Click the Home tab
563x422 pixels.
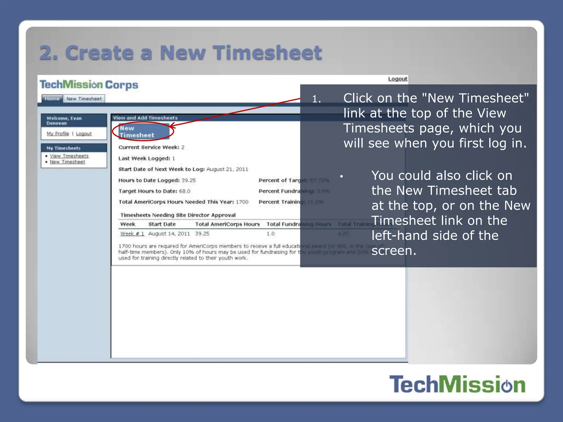coord(52,99)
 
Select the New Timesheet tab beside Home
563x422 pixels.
coord(84,99)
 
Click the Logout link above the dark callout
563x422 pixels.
coord(398,79)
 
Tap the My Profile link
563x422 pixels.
coord(58,134)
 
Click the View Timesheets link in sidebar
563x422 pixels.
coord(69,156)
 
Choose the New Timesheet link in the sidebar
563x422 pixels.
coord(67,162)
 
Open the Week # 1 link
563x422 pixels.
coord(132,234)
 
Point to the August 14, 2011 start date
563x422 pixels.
coord(169,234)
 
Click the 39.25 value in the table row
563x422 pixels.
coord(202,234)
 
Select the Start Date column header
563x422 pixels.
coord(162,224)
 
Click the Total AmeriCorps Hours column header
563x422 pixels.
coord(227,224)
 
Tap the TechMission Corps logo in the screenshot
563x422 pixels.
coord(89,85)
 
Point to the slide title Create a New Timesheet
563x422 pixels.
coord(181,52)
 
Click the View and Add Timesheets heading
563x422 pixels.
coord(145,118)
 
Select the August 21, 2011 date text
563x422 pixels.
coord(227,169)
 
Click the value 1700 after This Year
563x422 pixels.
coord(242,202)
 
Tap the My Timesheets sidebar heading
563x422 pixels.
coord(63,148)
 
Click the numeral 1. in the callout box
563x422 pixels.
coord(316,99)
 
